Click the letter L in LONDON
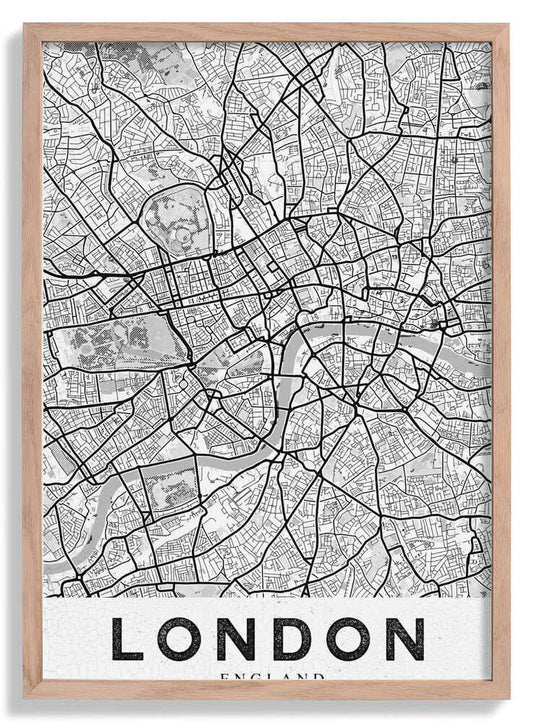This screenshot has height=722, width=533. coord(127,640)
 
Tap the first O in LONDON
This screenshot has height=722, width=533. coord(182,640)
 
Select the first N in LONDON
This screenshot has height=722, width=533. coord(239,640)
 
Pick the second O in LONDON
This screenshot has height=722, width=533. coord(347,640)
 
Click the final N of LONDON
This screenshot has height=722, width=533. coord(404,640)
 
